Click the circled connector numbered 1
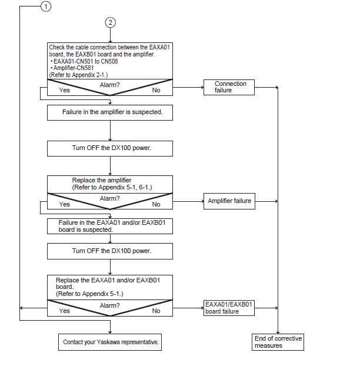[46, 6]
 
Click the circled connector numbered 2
[110, 22]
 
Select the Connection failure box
[229, 87]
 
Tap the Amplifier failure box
[229, 201]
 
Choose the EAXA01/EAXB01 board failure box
[229, 308]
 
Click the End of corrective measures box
[278, 342]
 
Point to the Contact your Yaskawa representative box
[110, 342]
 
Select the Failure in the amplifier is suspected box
[110, 112]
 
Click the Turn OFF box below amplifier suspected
[110, 148]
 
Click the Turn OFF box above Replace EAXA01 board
[110, 251]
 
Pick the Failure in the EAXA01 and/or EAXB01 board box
[110, 226]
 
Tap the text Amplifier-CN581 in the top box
[74, 68]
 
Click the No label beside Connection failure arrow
[156, 90]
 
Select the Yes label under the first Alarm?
[65, 90]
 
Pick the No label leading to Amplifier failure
[156, 204]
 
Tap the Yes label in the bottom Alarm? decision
[65, 311]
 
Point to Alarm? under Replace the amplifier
[110, 198]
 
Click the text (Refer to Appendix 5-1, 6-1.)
[112, 187]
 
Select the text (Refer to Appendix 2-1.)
[78, 75]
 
